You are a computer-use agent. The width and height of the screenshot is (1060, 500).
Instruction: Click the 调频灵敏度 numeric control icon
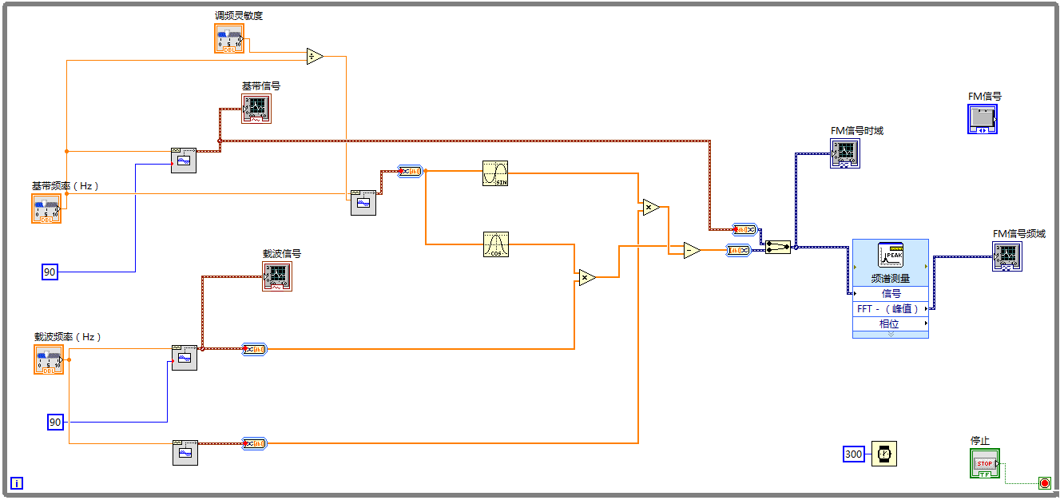229,38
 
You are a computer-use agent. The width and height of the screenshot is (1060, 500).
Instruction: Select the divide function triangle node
314,56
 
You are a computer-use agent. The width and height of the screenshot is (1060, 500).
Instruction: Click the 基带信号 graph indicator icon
256,108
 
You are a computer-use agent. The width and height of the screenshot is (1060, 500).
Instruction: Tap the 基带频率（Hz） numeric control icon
46,208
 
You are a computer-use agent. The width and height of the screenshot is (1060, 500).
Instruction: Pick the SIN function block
495,173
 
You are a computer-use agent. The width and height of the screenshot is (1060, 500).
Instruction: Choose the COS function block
495,244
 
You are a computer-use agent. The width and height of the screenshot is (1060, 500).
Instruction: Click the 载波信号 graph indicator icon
276,276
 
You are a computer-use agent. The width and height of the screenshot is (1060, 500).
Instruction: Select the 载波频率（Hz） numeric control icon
48,359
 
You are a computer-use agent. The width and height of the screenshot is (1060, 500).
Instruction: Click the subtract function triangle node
692,250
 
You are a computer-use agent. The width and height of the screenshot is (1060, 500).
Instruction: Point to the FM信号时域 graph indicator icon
844,152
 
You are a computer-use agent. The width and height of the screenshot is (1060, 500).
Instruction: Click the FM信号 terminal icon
982,119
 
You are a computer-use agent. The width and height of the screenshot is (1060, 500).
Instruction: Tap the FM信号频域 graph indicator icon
1006,256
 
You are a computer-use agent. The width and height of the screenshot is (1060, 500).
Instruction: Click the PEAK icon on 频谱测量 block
890,255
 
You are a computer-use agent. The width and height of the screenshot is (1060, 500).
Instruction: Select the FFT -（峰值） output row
890,308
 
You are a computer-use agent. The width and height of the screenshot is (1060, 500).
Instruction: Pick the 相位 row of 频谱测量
890,323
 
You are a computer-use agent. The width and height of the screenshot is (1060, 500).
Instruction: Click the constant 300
854,454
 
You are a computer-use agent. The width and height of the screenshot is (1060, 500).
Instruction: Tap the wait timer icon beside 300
883,454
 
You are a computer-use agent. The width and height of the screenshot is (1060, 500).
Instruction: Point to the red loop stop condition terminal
1044,482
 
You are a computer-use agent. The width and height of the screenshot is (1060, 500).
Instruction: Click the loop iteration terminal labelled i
17,482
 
